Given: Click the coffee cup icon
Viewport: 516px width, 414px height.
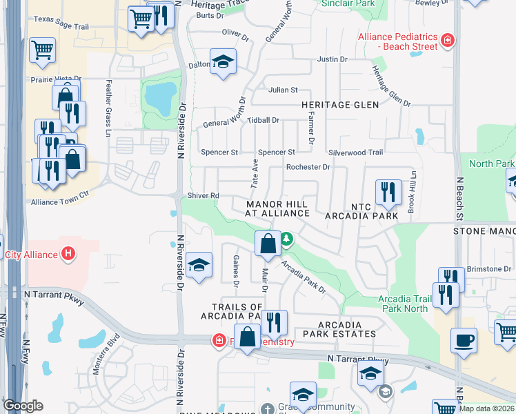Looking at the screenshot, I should point(464,339).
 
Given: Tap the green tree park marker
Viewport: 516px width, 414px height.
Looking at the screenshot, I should point(286,240).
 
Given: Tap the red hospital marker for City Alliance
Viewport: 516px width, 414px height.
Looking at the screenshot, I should point(68,254).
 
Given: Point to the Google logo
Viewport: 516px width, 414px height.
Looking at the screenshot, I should point(23,406).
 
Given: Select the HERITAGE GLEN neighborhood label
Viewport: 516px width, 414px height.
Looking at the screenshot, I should point(340,105).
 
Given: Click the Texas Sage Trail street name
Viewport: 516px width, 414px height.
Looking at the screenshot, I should point(61,28).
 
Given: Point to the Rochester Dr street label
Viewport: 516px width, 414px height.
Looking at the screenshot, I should point(308,167).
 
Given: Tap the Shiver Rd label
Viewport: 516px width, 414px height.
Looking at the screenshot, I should point(204,196).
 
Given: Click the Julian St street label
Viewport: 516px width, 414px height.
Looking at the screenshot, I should point(283,90).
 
